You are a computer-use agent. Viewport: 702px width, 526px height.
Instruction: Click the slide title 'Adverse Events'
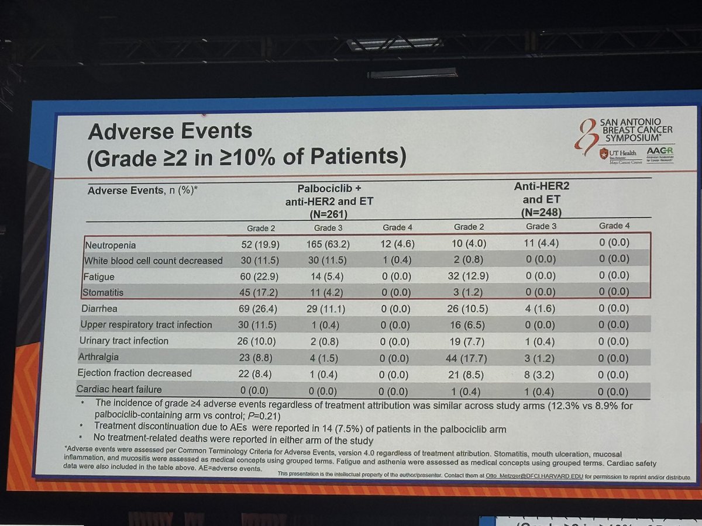coord(170,130)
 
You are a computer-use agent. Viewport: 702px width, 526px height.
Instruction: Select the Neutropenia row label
coord(112,245)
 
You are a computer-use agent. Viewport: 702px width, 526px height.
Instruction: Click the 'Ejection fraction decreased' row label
coord(135,373)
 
